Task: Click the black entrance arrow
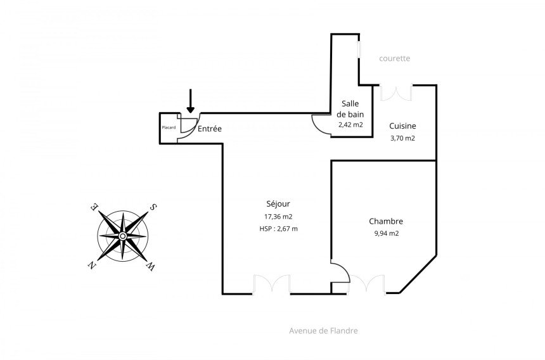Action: click(190, 101)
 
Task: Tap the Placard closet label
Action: click(169, 127)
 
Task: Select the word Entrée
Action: click(210, 129)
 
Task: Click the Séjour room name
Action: click(278, 203)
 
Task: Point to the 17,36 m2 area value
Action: click(278, 217)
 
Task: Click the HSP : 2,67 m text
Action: click(278, 229)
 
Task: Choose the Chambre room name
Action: click(386, 221)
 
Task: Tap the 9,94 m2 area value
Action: click(386, 233)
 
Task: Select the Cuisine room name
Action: click(402, 125)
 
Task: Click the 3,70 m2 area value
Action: click(402, 138)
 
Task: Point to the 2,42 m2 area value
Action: click(350, 125)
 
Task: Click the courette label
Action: click(395, 58)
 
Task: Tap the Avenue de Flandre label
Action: click(323, 330)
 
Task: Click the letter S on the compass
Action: click(153, 207)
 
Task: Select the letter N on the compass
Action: click(91, 265)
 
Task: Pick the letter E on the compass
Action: click(94, 207)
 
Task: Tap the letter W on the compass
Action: click(151, 267)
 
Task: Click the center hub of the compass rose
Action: click(122, 236)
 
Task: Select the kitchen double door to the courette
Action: click(396, 92)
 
